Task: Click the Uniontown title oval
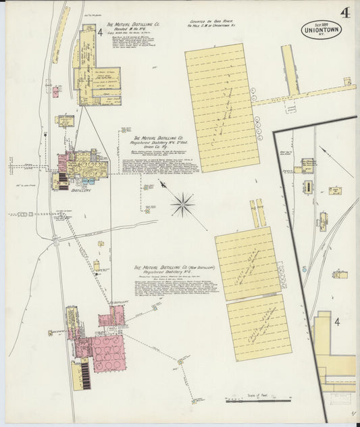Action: point(321,30)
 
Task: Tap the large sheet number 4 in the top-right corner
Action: point(344,11)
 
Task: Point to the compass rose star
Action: point(182,203)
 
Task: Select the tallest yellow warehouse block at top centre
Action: point(222,107)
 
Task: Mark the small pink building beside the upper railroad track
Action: point(55,91)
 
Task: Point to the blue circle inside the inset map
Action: point(305,269)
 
